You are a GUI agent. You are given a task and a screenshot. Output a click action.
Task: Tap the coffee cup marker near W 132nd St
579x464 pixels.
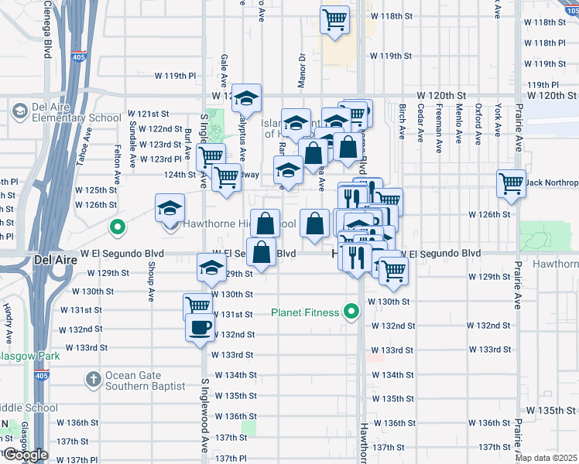pos(200,326)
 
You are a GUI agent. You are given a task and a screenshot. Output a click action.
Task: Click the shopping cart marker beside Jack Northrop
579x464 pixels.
pos(511,183)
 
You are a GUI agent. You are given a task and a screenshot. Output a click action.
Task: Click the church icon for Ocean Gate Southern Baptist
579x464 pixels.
pos(93,380)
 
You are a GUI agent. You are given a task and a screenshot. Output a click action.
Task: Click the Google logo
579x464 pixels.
pos(25,455)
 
